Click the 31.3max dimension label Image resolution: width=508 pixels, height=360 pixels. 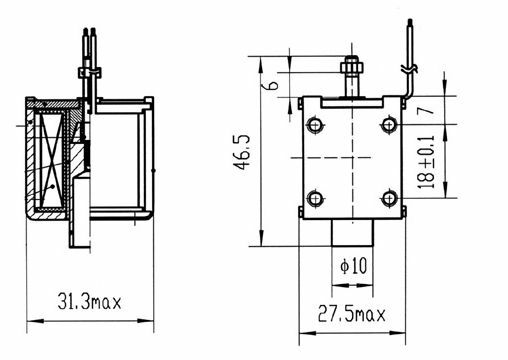(89, 302)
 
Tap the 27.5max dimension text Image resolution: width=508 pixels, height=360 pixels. (352, 314)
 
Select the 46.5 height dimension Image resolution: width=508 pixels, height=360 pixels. (242, 152)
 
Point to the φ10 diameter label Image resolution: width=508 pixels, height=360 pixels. (353, 266)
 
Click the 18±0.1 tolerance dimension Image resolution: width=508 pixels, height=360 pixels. (426, 162)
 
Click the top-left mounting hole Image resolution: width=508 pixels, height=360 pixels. (315, 125)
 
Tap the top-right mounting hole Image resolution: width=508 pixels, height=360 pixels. (389, 125)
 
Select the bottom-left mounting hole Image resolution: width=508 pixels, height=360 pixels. (315, 198)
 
